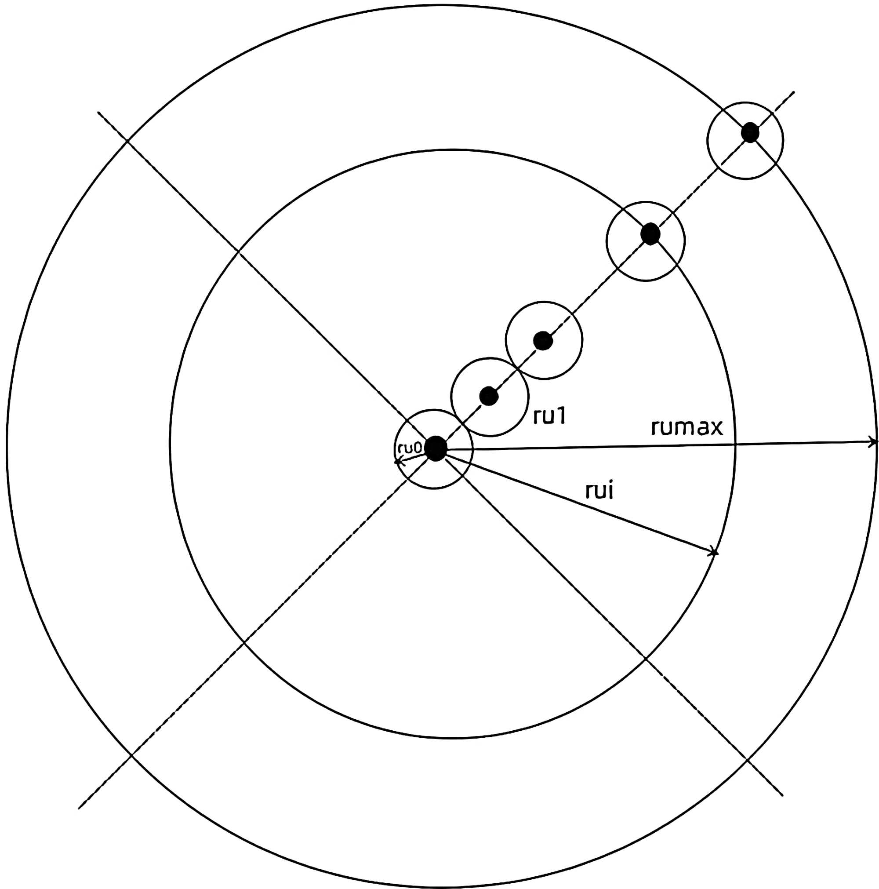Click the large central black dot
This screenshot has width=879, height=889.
click(436, 448)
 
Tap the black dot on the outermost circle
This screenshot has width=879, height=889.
click(750, 133)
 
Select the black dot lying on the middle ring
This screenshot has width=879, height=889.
click(650, 234)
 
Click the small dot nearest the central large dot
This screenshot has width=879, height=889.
click(488, 395)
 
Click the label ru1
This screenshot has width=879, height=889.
click(549, 416)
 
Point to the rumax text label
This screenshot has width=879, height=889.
click(687, 427)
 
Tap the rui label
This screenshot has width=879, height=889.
click(599, 492)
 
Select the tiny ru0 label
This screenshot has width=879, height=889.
click(409, 448)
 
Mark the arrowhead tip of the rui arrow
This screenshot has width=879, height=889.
click(714, 552)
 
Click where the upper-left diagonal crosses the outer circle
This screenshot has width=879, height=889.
click(127, 141)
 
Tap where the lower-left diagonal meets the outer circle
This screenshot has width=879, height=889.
click(131, 755)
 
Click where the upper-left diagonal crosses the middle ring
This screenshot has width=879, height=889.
click(237, 251)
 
